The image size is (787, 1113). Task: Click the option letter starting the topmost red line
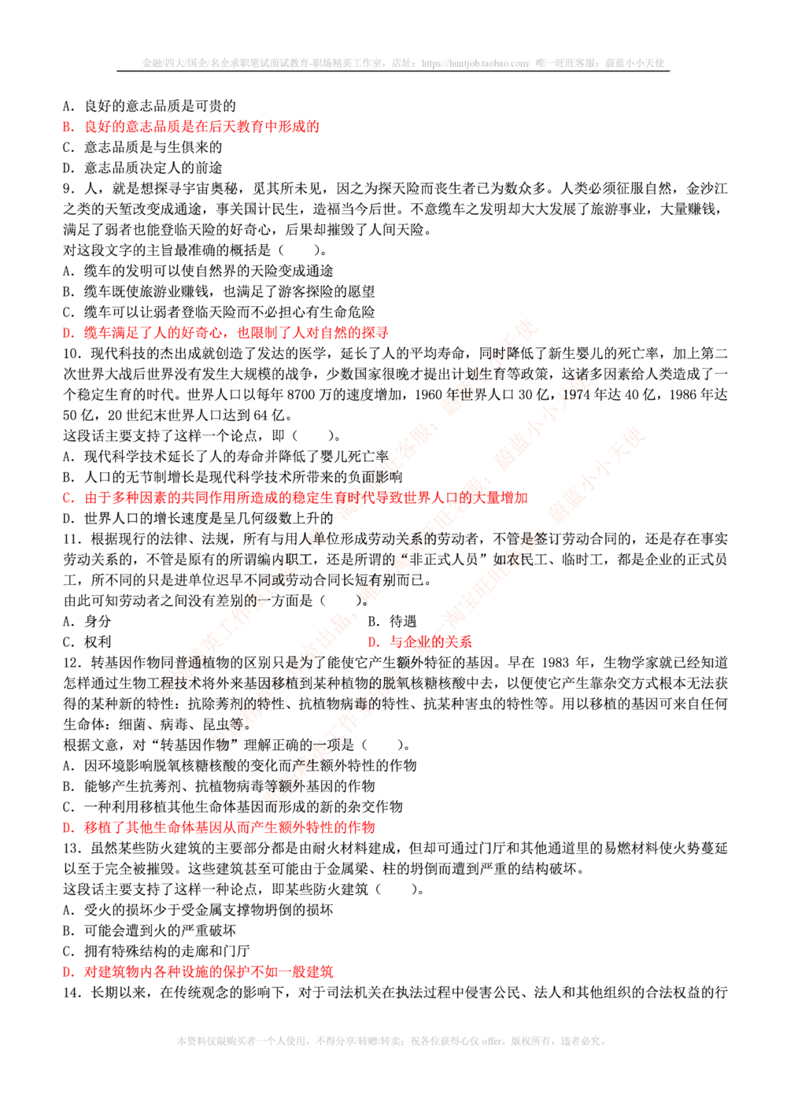67,127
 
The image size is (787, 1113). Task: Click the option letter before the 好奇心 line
67,333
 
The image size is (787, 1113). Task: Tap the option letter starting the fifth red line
67,828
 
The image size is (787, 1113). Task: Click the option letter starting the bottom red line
67,973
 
